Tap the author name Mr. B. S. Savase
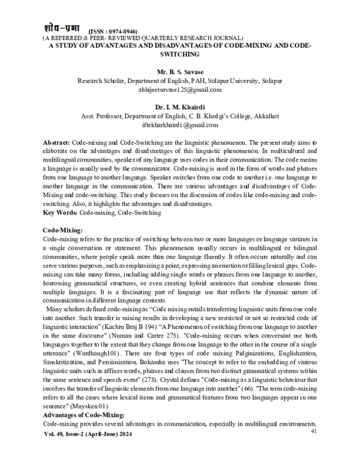[x=180, y=70]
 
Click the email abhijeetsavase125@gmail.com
[x=180, y=89]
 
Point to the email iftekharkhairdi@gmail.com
[x=180, y=125]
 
